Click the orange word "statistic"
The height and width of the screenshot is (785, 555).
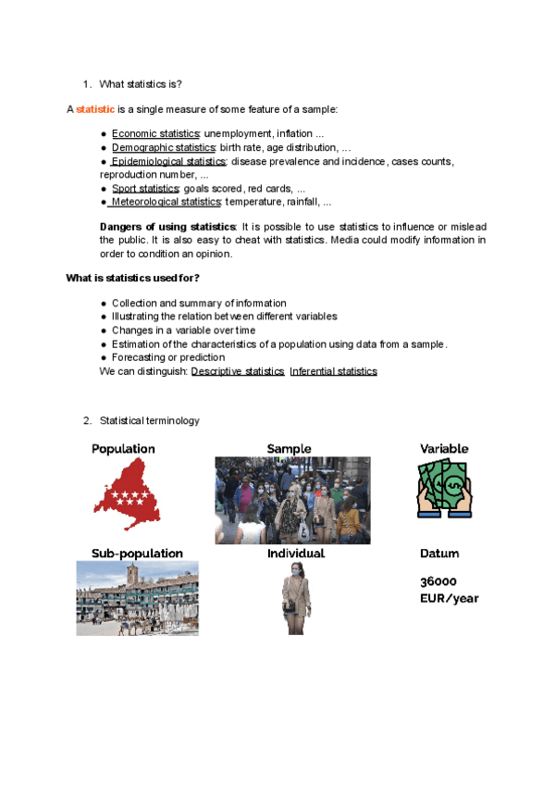click(x=95, y=109)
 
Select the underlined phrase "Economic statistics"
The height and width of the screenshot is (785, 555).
click(x=155, y=134)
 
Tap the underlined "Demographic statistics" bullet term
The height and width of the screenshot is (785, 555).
click(x=163, y=148)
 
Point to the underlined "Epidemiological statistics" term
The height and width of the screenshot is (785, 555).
click(x=167, y=161)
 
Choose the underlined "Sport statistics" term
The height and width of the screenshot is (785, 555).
click(x=146, y=188)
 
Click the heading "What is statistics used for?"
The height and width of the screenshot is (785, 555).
click(x=133, y=278)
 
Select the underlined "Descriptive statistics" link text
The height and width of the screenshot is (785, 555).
click(x=238, y=371)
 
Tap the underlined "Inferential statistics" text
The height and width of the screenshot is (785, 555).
click(x=333, y=371)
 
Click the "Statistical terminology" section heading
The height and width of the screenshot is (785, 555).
click(x=149, y=421)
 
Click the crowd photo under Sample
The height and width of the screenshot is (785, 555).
click(x=292, y=500)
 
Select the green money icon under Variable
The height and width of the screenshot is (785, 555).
click(x=444, y=488)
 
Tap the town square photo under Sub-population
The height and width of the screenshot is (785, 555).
click(x=137, y=598)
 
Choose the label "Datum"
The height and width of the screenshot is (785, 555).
click(x=439, y=554)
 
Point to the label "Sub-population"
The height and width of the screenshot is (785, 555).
click(x=137, y=554)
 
